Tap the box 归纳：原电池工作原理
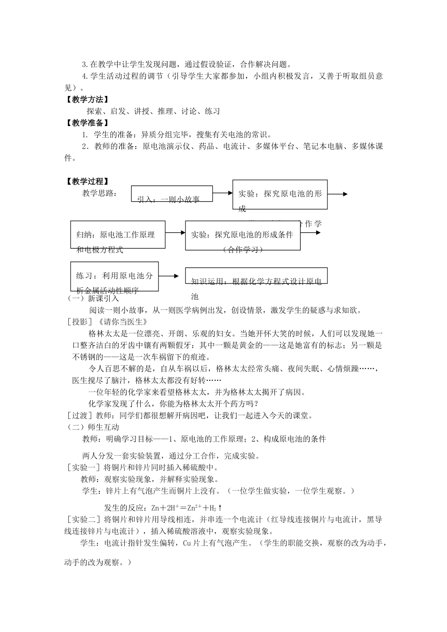118,234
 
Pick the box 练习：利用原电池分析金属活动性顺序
114,276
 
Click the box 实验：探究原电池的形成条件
243,234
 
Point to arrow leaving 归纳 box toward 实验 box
175,232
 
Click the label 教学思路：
100,193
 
